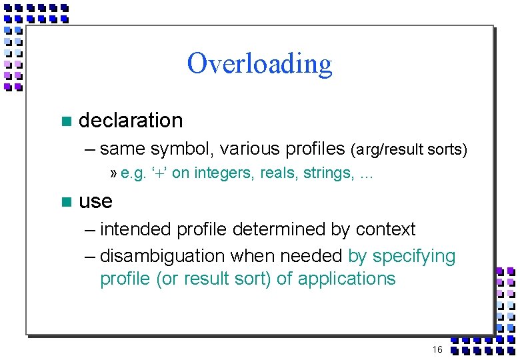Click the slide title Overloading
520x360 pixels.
point(259,64)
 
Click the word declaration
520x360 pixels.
point(131,121)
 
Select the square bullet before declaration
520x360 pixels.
point(65,121)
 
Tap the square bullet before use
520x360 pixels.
point(65,201)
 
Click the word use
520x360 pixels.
point(95,201)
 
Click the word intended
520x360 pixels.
point(135,229)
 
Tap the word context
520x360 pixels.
point(385,229)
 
